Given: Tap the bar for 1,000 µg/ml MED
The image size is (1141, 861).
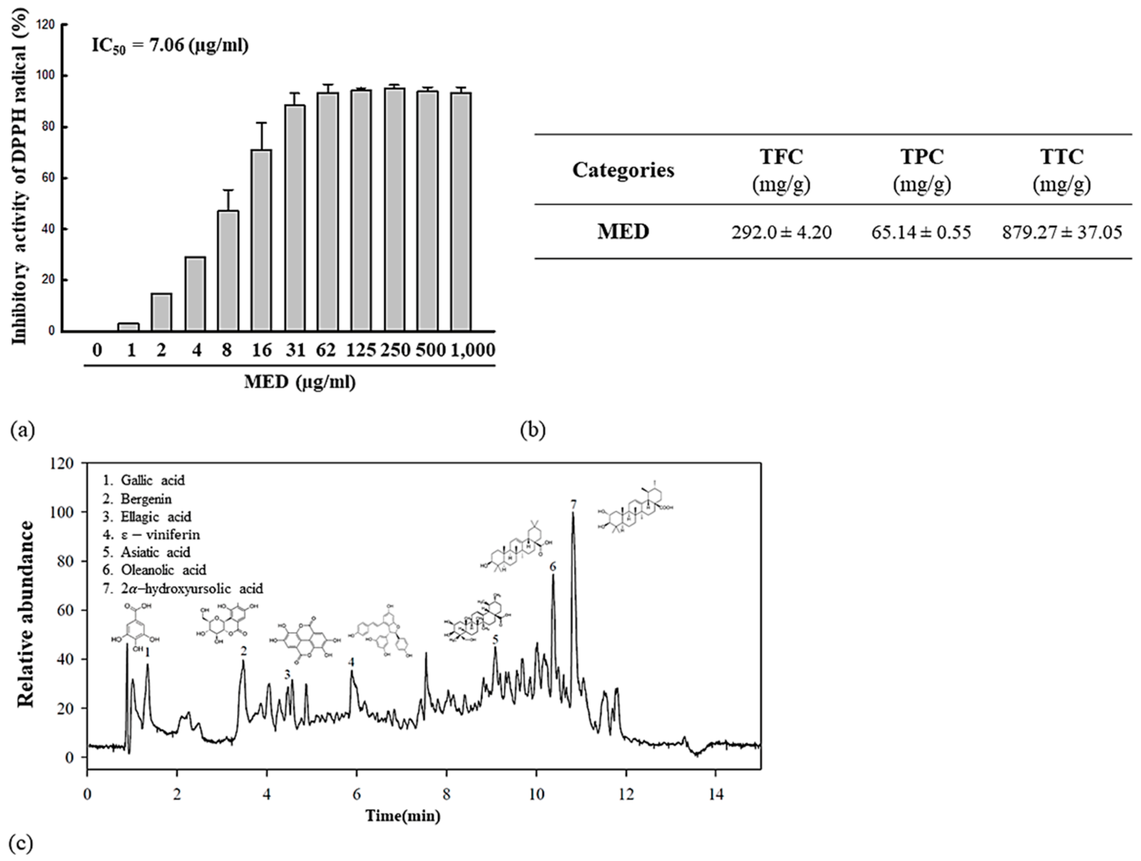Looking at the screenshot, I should tap(460, 211).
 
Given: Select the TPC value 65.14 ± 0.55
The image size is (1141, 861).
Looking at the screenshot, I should tap(921, 233).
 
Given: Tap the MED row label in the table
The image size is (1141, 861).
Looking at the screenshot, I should tap(623, 232).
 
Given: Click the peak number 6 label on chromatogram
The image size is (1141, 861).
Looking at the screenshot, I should tap(553, 566).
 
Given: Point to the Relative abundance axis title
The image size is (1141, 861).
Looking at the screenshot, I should tap(26, 614).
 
